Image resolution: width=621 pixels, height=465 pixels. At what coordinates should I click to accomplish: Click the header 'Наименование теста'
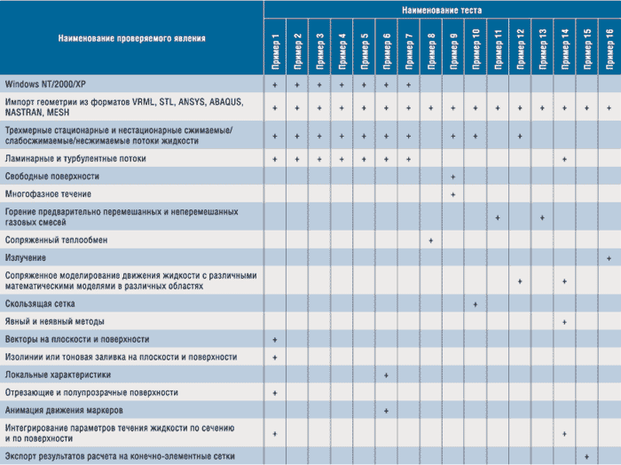pos(441,9)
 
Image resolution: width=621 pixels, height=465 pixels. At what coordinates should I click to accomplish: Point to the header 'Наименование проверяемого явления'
pos(131,39)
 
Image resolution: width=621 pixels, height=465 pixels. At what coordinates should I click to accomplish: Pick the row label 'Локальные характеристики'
pos(58,374)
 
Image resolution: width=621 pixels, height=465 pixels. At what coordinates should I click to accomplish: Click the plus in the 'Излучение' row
pos(609,257)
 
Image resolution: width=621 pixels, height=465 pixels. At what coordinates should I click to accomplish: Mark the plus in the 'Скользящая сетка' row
pos(476,303)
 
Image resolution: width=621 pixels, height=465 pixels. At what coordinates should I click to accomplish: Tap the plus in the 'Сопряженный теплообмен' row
pos(431,240)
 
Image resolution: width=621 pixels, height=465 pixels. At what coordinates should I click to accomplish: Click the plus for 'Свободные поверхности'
pos(453,177)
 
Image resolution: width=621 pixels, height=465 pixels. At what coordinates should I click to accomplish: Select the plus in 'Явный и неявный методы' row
pos(565,321)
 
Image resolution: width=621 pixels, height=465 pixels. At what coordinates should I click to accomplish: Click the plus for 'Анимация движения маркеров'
pos(387,410)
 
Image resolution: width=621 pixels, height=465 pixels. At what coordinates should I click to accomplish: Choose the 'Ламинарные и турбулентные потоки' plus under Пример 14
pos(565,159)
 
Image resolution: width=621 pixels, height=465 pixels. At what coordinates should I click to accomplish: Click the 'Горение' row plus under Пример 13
pos(542,217)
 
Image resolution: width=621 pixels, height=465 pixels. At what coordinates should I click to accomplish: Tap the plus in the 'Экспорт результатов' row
pos(587,456)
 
